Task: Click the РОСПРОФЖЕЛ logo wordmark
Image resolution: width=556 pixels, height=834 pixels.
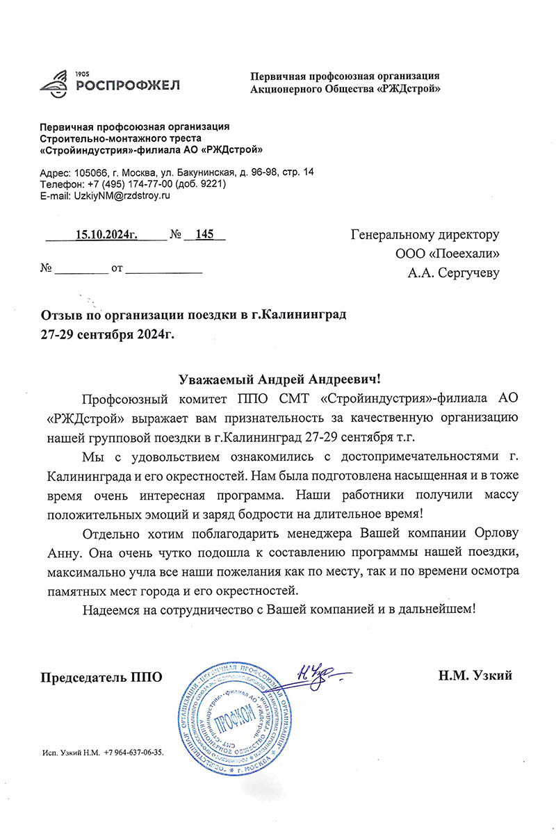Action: click(127, 85)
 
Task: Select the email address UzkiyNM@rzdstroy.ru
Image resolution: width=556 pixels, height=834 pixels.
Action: click(122, 196)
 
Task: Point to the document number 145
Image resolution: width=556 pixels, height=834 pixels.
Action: click(204, 234)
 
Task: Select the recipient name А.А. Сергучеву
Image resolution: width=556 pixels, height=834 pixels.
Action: click(453, 273)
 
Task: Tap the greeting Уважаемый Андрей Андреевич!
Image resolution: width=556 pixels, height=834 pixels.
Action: click(280, 379)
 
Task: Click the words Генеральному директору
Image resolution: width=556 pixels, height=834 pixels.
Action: click(425, 234)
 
